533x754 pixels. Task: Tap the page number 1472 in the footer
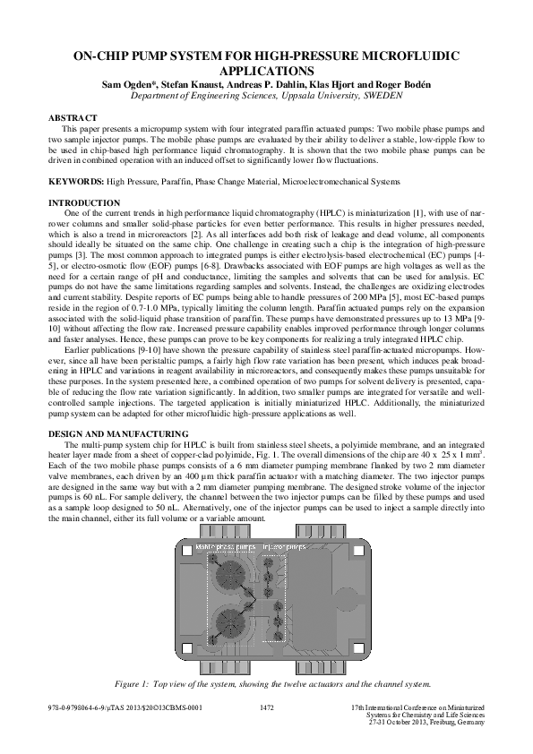265,707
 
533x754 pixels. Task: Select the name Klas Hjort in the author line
353,84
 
